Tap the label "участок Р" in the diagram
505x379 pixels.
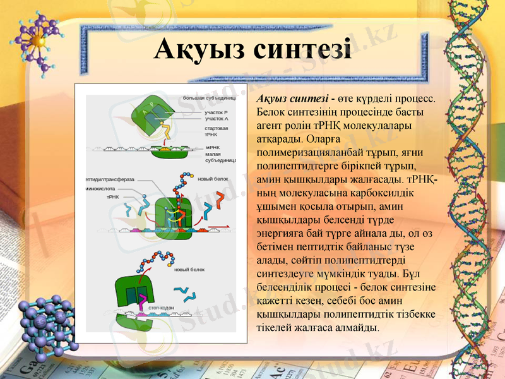click(x=217, y=112)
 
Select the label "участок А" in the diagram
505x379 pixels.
click(x=217, y=118)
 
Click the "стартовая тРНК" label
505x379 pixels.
click(x=217, y=131)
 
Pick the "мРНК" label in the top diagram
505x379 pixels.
click(x=213, y=147)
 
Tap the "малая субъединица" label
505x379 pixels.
click(x=219, y=157)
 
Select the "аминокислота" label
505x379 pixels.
click(x=101, y=188)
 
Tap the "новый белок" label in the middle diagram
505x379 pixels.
click(x=213, y=179)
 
